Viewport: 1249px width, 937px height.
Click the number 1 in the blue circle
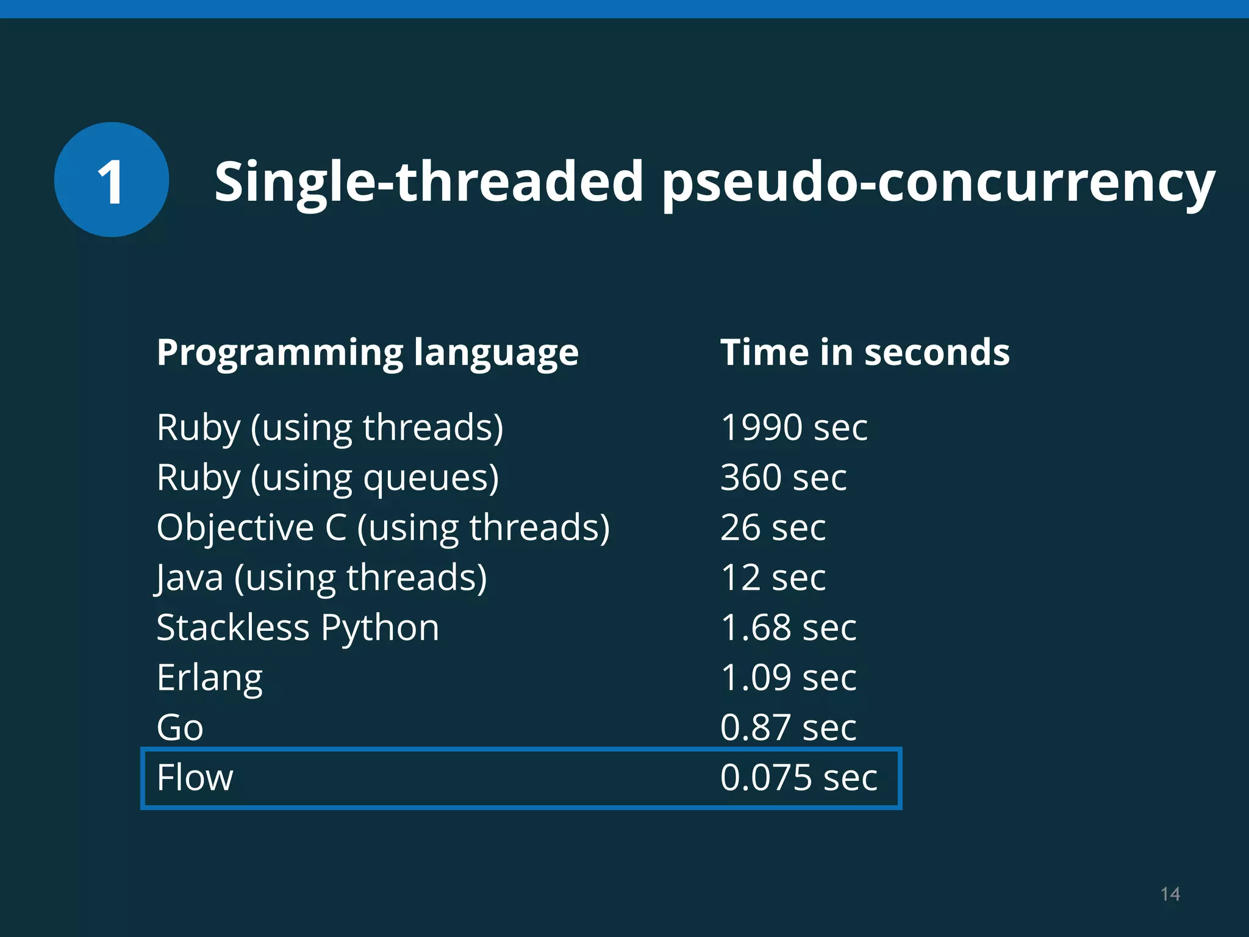[x=111, y=181]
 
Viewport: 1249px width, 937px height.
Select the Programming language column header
[x=367, y=353]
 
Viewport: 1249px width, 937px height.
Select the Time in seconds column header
[x=865, y=353]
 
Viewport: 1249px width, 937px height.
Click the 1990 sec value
[x=793, y=427]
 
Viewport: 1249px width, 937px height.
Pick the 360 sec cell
[x=783, y=477]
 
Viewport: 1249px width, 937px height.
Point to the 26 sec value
[x=773, y=528]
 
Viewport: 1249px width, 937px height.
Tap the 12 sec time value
[x=773, y=578]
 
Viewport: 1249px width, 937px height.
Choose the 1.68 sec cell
[x=788, y=628]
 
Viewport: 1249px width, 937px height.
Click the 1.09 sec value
[x=788, y=678]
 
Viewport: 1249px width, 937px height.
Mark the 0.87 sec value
[x=788, y=728]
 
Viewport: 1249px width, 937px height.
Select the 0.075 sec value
[x=798, y=778]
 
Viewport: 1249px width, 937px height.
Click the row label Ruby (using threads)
[x=330, y=428]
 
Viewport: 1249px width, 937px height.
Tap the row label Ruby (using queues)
[x=327, y=478]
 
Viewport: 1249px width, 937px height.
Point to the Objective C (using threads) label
[x=383, y=528]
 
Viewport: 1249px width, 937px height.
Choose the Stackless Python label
[x=298, y=628]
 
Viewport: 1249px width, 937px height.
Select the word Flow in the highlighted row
[x=195, y=778]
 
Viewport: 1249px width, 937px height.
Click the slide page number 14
[x=1170, y=894]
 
